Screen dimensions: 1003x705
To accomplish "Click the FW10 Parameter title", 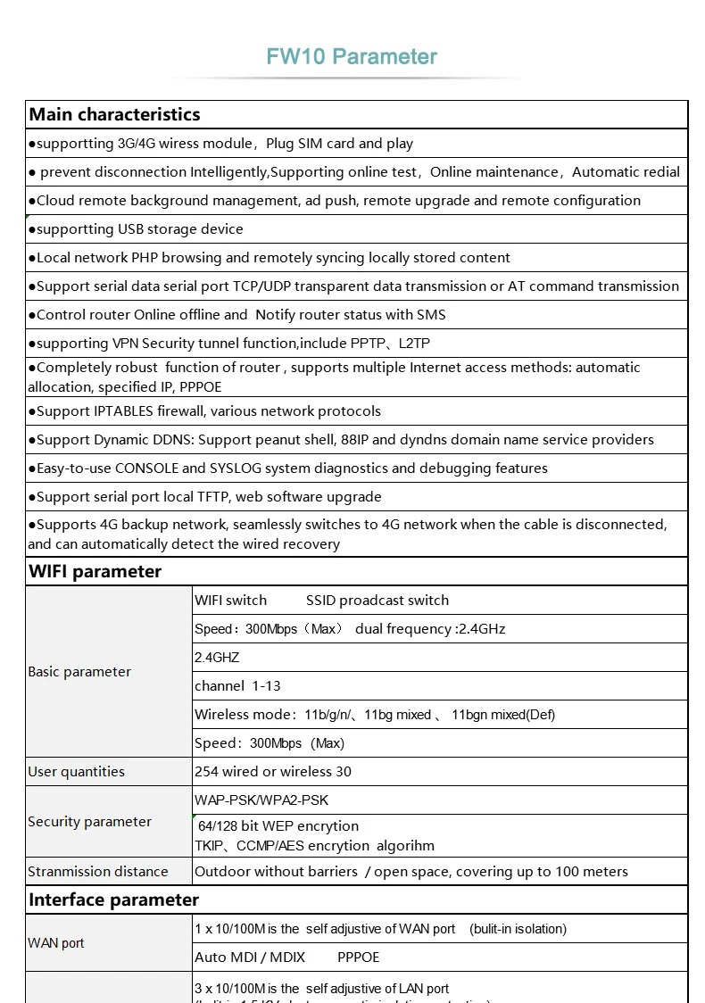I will tap(352, 57).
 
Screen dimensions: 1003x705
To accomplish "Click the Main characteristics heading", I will tap(114, 114).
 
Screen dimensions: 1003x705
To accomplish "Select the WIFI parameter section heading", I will tap(95, 571).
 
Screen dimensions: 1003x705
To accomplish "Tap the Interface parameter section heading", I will tap(113, 899).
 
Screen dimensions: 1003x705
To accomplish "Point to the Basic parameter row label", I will tap(79, 672).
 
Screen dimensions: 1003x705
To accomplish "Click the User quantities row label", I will tap(77, 772).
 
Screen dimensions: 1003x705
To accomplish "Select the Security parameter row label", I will tap(89, 822).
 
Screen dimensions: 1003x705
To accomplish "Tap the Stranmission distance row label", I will tap(98, 872).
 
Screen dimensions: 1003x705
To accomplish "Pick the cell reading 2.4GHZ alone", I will tap(217, 658).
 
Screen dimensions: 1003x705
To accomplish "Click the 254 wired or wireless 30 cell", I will tap(273, 772).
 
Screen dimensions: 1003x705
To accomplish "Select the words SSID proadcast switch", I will tap(377, 601).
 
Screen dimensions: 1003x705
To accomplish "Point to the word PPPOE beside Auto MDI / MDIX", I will tap(359, 957).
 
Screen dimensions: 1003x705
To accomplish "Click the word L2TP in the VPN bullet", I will tap(415, 344).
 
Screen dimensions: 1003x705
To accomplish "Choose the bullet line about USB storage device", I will tap(137, 229).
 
